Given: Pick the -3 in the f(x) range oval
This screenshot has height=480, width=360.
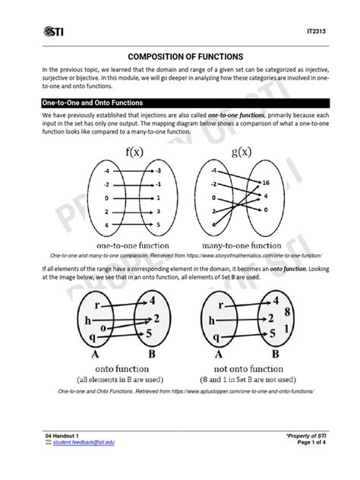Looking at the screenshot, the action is pyautogui.click(x=156, y=171).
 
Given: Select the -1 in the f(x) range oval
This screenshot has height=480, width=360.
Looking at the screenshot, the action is pyautogui.click(x=156, y=184).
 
